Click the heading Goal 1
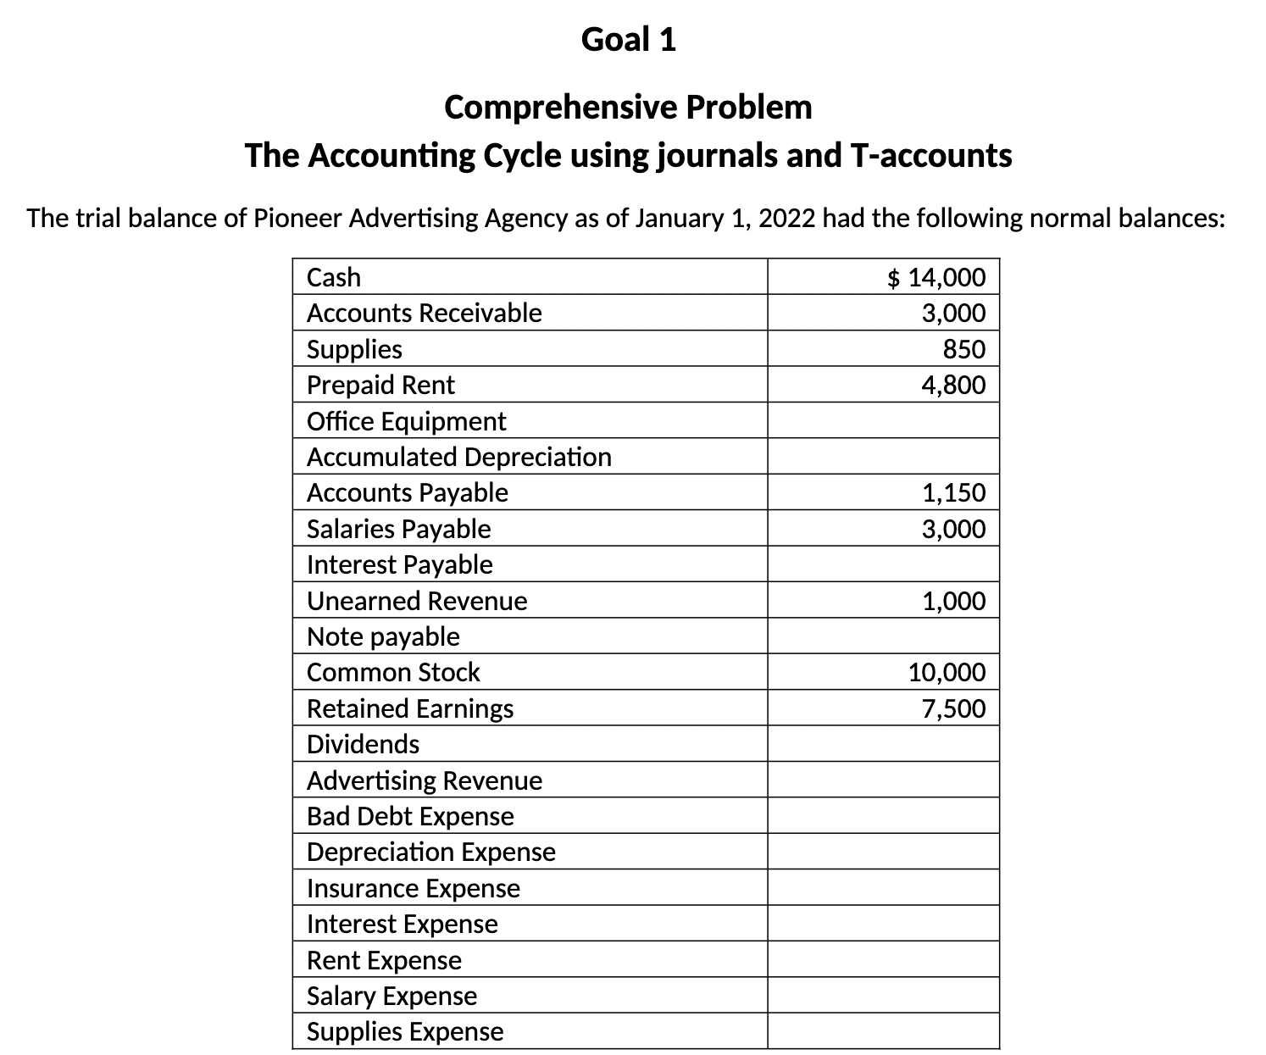pyautogui.click(x=628, y=39)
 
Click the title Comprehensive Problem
pyautogui.click(x=628, y=108)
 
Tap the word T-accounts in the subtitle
pyautogui.click(x=930, y=156)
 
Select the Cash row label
pyautogui.click(x=333, y=277)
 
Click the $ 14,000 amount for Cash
pyautogui.click(x=936, y=277)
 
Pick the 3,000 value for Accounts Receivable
pyautogui.click(x=953, y=314)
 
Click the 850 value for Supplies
pyautogui.click(x=964, y=349)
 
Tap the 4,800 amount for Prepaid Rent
pyautogui.click(x=953, y=386)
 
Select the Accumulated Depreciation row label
pyautogui.click(x=458, y=457)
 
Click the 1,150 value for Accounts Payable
pyautogui.click(x=953, y=492)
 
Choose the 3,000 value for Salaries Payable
pyautogui.click(x=953, y=529)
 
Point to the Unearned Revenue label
pyautogui.click(x=416, y=601)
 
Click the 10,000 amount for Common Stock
pyautogui.click(x=947, y=673)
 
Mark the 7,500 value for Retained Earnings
pyautogui.click(x=953, y=708)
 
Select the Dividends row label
pyautogui.click(x=363, y=744)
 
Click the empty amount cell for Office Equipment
pyautogui.click(x=883, y=421)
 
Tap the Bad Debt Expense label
pyautogui.click(x=410, y=816)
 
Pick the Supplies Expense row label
pyautogui.click(x=404, y=1031)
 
